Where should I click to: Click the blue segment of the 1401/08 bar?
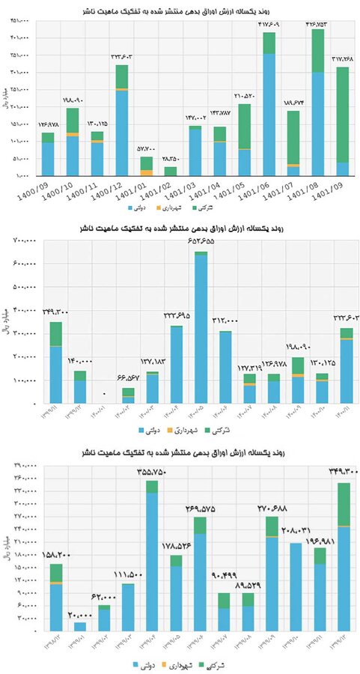click(x=317, y=124)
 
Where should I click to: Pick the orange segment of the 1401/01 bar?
click(x=147, y=172)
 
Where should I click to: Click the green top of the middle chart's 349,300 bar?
click(x=55, y=334)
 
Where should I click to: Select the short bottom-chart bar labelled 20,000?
click(x=80, y=626)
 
